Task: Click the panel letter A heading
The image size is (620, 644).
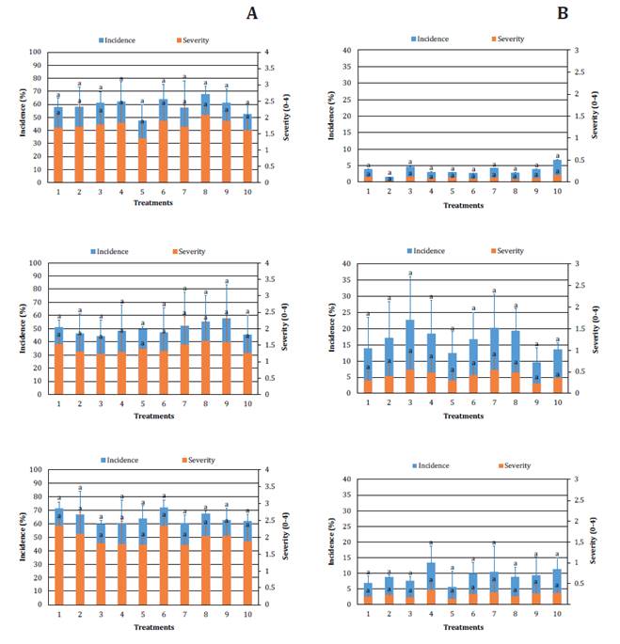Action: pyautogui.click(x=251, y=13)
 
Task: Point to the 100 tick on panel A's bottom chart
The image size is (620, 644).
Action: pyautogui.click(x=34, y=470)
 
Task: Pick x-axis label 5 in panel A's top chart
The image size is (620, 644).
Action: pyautogui.click(x=142, y=191)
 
